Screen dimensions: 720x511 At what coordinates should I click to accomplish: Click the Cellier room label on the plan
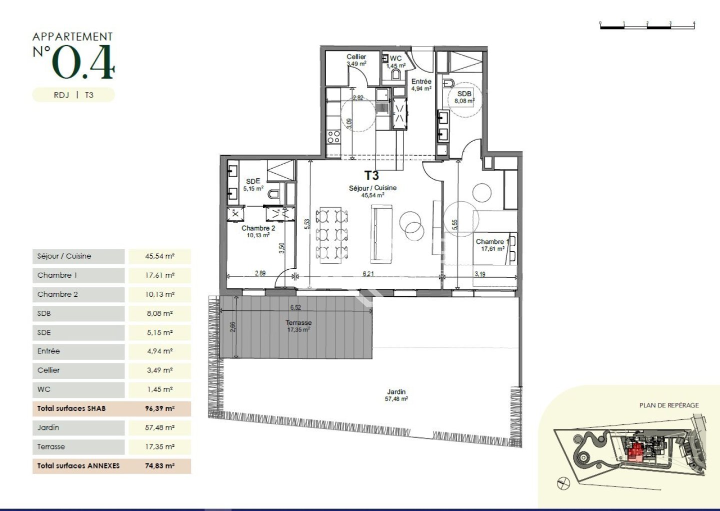point(356,57)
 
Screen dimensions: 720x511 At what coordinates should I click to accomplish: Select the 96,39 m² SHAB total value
point(160,409)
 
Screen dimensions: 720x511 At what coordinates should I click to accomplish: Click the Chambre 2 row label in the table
point(57,294)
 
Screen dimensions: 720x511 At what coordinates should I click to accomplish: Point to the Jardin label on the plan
point(396,391)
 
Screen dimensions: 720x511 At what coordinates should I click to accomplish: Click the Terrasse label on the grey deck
point(298,322)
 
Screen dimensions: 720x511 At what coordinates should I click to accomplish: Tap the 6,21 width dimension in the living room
point(368,274)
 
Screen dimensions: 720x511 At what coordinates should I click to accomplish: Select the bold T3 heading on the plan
point(371,175)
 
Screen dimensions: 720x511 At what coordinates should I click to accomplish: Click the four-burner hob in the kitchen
point(333,137)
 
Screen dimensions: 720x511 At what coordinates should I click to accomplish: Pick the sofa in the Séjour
point(382,234)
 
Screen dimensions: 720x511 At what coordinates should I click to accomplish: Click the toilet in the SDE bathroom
point(274,194)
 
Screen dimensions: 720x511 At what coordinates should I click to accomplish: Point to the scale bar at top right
point(647,26)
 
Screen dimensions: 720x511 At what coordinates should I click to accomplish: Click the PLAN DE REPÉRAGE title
point(669,405)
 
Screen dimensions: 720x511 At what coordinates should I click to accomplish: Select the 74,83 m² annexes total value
point(160,465)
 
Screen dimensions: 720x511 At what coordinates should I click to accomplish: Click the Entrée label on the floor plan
point(421,82)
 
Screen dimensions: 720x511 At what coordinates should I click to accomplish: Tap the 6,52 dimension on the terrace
point(295,307)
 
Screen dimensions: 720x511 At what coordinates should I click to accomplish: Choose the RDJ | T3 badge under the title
point(73,95)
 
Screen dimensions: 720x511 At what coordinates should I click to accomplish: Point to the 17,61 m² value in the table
point(160,275)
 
